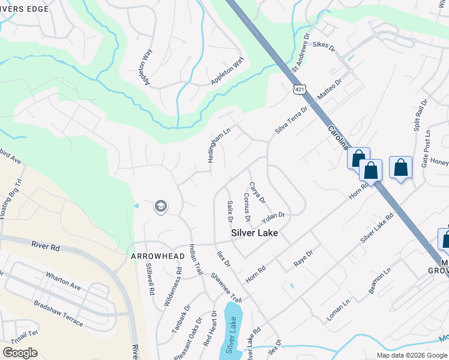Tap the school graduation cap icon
tap(160, 207)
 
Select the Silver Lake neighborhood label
tap(255, 233)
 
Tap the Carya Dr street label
tap(257, 192)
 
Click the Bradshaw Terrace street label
tap(58, 313)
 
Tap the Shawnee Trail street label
tap(226, 287)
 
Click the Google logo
tap(20, 353)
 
